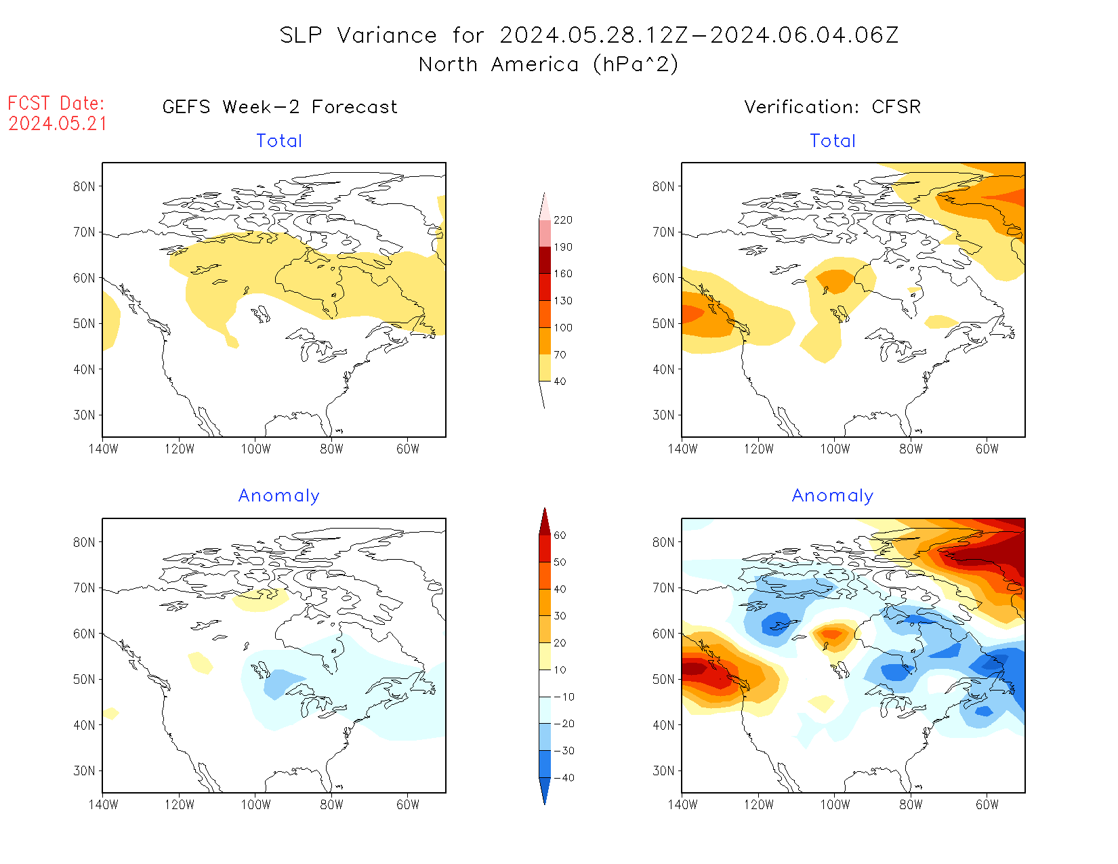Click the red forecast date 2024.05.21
(x=58, y=123)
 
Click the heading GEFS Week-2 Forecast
(x=280, y=107)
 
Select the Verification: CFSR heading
(x=832, y=107)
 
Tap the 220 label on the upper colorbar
(x=563, y=220)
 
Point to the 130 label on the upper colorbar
(x=563, y=301)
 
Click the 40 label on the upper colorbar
(x=560, y=382)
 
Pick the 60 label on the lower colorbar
(x=560, y=535)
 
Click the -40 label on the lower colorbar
(x=563, y=778)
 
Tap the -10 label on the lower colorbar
(x=563, y=697)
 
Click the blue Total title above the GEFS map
(x=279, y=141)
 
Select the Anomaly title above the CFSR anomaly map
(x=833, y=496)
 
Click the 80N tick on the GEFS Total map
(x=84, y=187)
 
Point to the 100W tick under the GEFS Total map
(x=255, y=449)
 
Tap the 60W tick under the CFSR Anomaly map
(x=987, y=804)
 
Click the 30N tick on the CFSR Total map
(x=663, y=415)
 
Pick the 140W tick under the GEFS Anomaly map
(x=103, y=804)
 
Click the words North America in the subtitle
(x=499, y=64)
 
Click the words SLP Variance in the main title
(x=358, y=35)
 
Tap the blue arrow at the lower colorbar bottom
(x=545, y=791)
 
